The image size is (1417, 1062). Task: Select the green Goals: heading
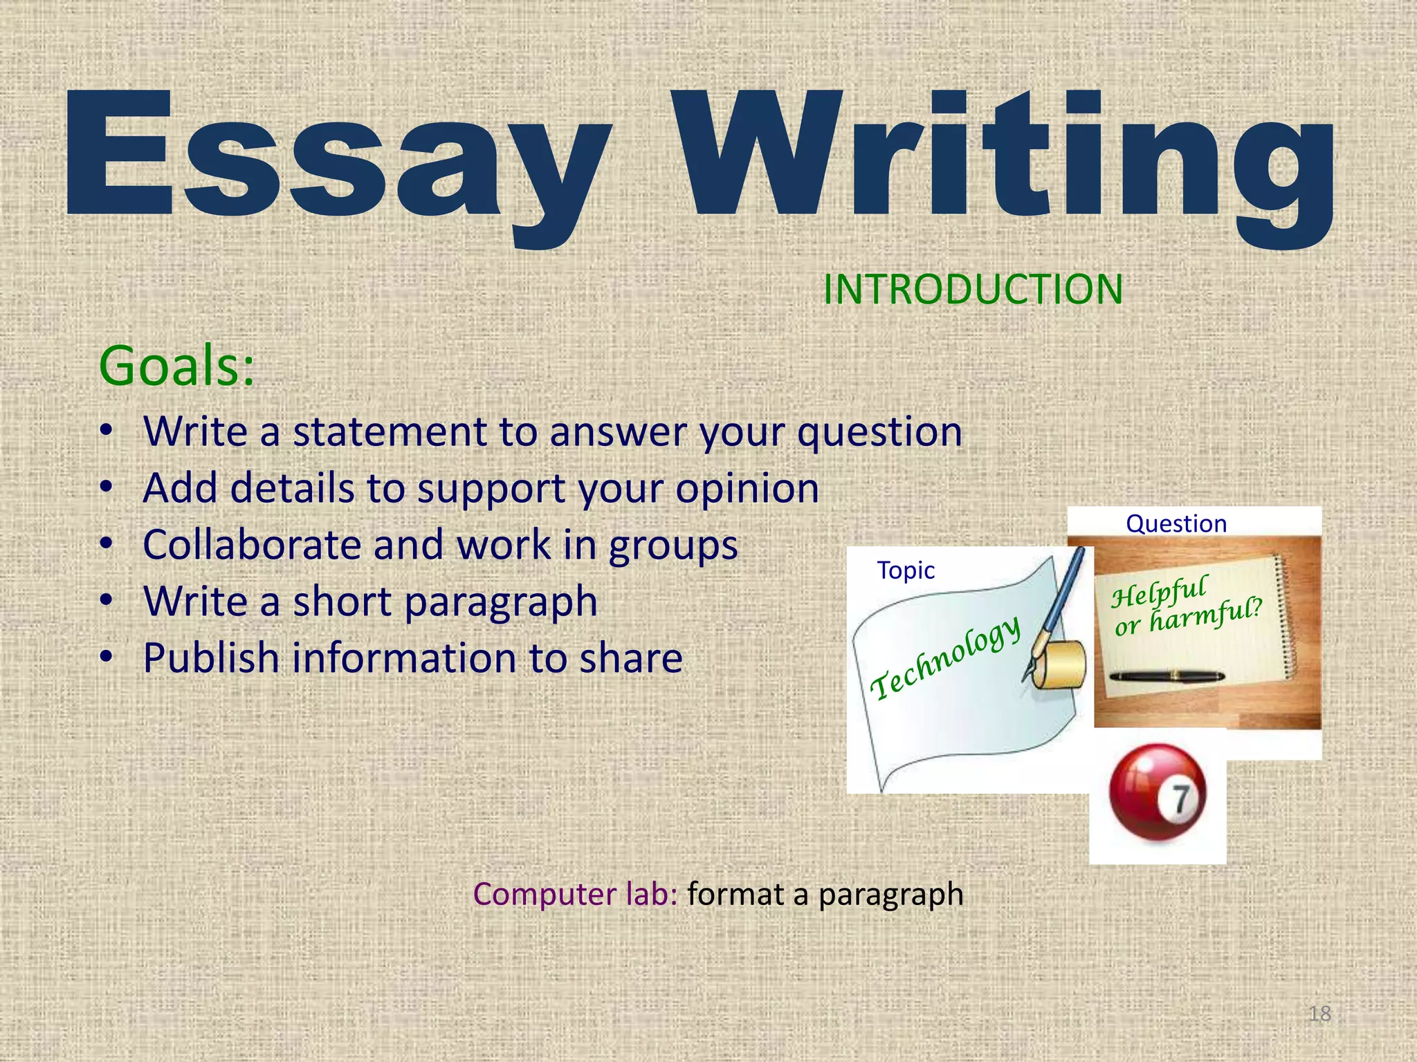pyautogui.click(x=177, y=366)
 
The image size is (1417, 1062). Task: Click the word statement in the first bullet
pyautogui.click(x=390, y=432)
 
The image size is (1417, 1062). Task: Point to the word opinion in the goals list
pyautogui.click(x=747, y=488)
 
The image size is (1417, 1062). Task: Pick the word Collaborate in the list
pyautogui.click(x=252, y=545)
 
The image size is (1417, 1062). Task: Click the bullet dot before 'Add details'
pyautogui.click(x=105, y=488)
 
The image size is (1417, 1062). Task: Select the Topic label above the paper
pyautogui.click(x=906, y=570)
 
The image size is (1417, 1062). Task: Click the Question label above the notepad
pyautogui.click(x=1176, y=523)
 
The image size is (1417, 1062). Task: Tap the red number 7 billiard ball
pyautogui.click(x=1158, y=792)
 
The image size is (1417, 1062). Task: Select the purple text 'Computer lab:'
pyautogui.click(x=575, y=894)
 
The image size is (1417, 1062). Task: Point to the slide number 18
pyautogui.click(x=1320, y=1014)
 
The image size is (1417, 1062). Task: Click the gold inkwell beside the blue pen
pyautogui.click(x=1059, y=664)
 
